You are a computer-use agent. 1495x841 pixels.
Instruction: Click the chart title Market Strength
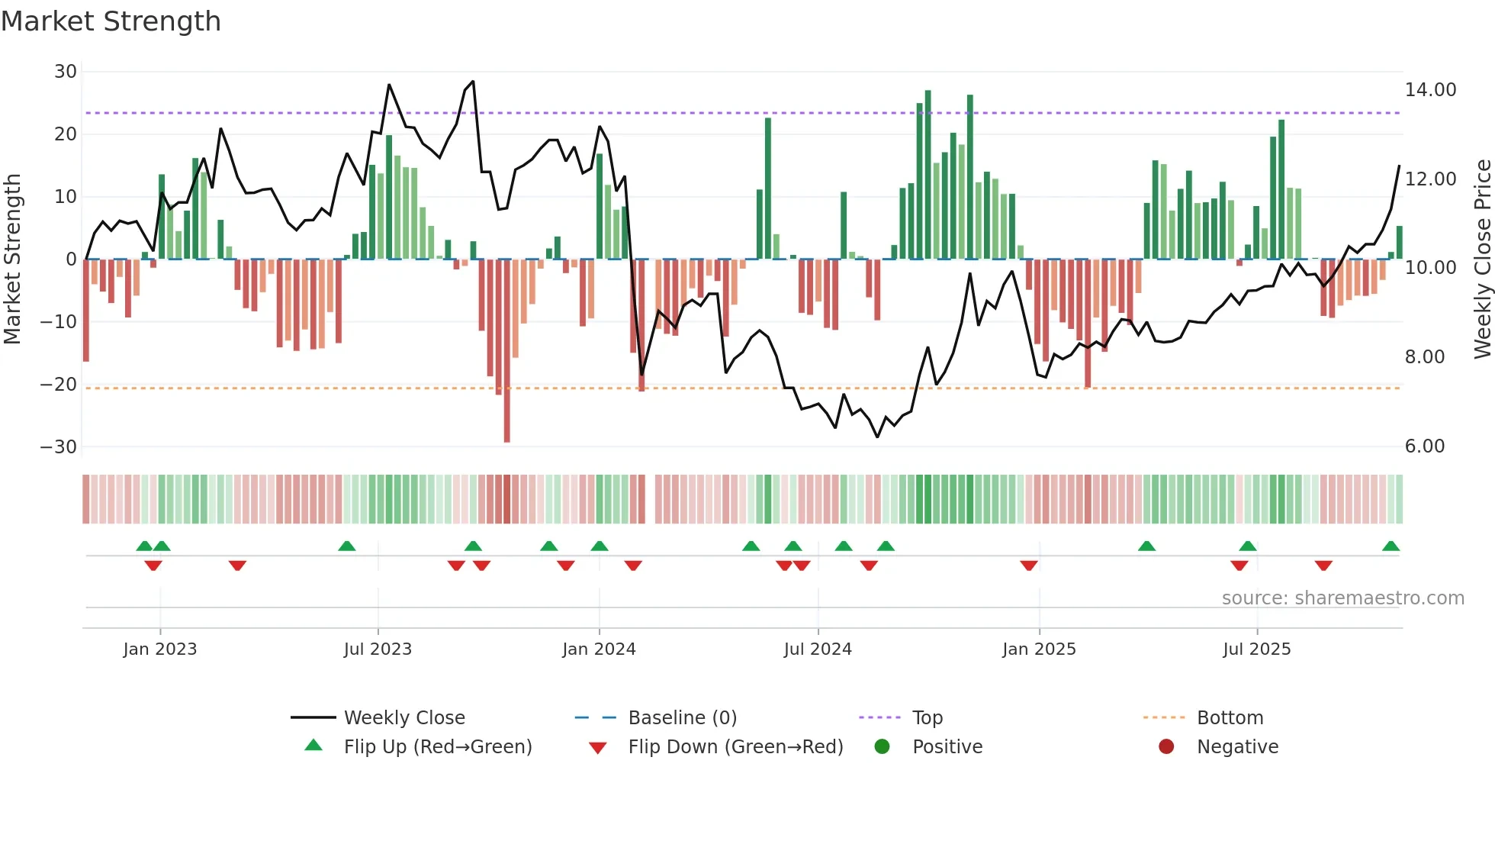click(x=111, y=21)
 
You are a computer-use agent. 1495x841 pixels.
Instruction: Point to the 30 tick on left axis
click(x=66, y=72)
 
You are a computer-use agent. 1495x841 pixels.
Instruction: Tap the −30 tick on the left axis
click(x=59, y=447)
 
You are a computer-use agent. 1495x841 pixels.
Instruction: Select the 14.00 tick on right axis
click(x=1430, y=90)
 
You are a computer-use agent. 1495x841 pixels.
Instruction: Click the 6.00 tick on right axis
click(x=1425, y=446)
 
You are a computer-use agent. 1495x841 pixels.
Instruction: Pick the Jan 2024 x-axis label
click(x=599, y=649)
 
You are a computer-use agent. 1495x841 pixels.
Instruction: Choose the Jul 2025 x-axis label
click(x=1256, y=649)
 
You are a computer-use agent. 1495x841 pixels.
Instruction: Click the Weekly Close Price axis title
click(x=1482, y=259)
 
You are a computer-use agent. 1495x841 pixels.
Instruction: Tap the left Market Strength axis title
click(x=12, y=259)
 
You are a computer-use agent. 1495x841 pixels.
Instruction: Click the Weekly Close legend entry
click(x=404, y=718)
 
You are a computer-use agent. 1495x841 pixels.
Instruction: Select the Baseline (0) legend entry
click(x=682, y=718)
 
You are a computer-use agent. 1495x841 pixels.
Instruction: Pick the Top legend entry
click(x=928, y=718)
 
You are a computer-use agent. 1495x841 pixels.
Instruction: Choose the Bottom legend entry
click(x=1230, y=718)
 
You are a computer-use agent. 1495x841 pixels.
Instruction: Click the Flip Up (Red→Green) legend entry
click(x=437, y=747)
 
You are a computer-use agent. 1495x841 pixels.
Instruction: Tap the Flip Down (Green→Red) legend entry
click(x=735, y=747)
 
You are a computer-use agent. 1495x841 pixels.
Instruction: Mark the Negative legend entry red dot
click(x=1166, y=747)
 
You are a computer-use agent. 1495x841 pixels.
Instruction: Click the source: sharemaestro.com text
click(x=1342, y=598)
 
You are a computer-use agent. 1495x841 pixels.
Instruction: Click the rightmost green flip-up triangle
click(x=1391, y=546)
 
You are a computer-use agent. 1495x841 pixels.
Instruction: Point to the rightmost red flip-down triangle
click(x=1323, y=565)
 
